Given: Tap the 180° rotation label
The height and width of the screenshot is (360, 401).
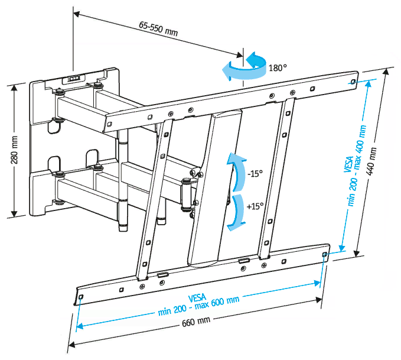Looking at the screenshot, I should tap(278, 68).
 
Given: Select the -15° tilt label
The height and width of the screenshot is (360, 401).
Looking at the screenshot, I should tap(255, 174).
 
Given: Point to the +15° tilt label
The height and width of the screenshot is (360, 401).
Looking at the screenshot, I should tap(255, 207).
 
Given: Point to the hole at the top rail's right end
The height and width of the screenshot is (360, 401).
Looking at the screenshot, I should tap(353, 82).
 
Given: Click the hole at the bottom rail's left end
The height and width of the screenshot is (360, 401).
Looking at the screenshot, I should tap(81, 296).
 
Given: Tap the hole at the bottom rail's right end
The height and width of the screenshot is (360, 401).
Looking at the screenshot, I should tap(325, 254).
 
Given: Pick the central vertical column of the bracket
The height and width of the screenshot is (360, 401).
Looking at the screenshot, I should tap(215, 183).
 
